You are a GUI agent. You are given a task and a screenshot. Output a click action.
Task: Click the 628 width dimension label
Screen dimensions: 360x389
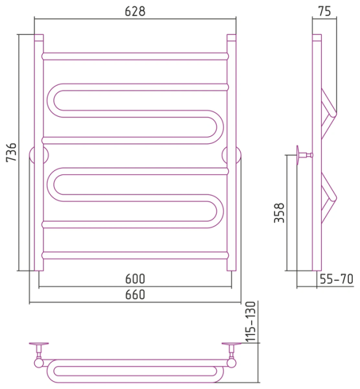click(x=135, y=11)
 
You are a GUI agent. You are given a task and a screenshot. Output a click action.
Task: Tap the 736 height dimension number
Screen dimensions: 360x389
click(x=12, y=152)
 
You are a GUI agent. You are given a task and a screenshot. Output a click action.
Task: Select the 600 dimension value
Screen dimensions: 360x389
click(x=135, y=279)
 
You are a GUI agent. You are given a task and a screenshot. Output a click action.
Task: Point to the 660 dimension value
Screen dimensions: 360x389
click(x=135, y=295)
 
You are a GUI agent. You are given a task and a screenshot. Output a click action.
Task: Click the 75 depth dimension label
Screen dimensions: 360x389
click(x=324, y=11)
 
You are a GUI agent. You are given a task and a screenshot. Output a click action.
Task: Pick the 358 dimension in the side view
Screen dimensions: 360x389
click(x=279, y=213)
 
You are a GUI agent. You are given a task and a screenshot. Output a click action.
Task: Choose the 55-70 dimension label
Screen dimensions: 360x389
click(x=337, y=279)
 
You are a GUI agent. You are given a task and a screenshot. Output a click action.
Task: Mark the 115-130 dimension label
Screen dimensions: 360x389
click(x=251, y=322)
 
